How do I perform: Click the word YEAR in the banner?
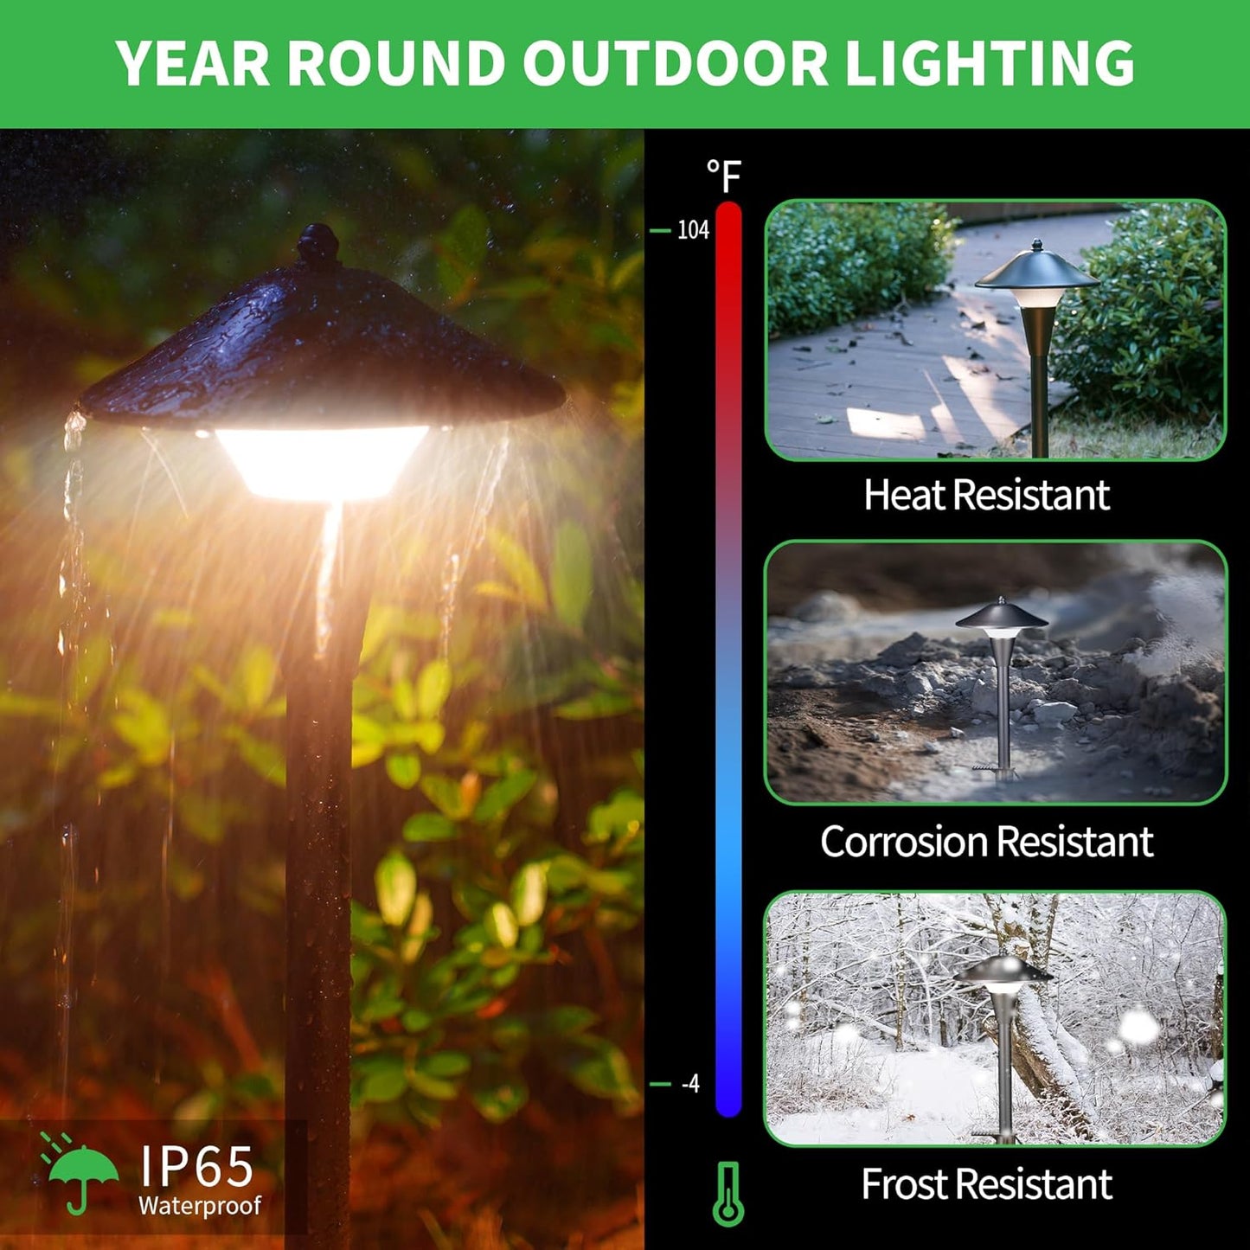click(193, 63)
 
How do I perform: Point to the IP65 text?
click(197, 1165)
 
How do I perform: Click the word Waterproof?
click(200, 1205)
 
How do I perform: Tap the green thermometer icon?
click(728, 1194)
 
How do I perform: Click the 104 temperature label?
click(693, 230)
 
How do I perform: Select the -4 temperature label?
click(690, 1083)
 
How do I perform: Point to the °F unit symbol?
click(724, 176)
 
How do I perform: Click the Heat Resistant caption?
click(986, 495)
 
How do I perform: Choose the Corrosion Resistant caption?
click(986, 842)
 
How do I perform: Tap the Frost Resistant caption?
click(986, 1184)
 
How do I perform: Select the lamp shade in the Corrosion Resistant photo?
click(1001, 617)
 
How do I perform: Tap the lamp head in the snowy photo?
click(1003, 973)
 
